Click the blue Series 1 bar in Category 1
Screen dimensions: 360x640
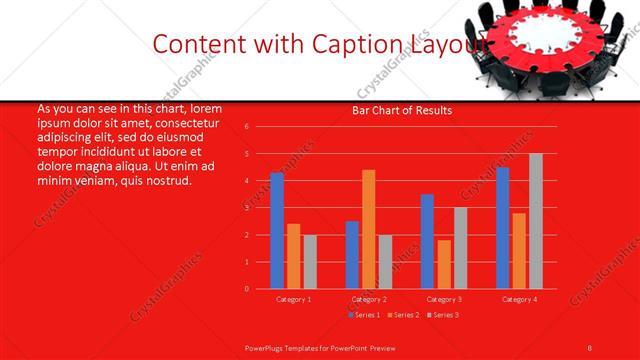[277, 231]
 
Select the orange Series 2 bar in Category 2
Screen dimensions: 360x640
[368, 229]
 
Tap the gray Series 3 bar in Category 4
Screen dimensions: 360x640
[535, 221]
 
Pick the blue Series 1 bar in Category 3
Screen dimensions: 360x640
[427, 241]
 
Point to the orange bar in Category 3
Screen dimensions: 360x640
[443, 264]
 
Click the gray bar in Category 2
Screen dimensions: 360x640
[385, 261]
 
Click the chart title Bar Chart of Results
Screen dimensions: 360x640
[402, 110]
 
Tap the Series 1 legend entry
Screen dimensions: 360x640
[364, 316]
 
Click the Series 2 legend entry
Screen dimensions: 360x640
[402, 316]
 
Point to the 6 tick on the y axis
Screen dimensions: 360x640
[247, 127]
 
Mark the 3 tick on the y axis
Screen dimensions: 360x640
[247, 208]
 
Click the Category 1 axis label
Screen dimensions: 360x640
[293, 299]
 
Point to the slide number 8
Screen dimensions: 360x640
[590, 346]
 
